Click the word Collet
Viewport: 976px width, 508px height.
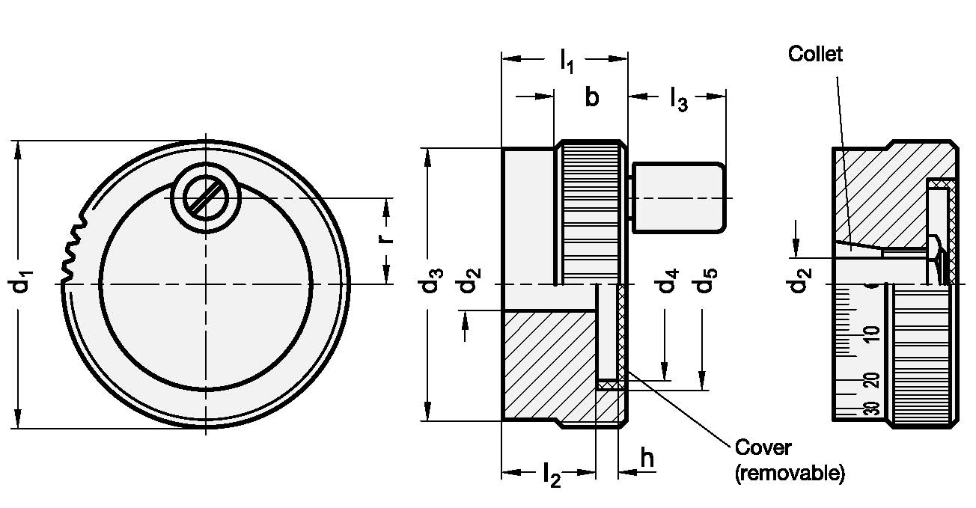pyautogui.click(x=815, y=54)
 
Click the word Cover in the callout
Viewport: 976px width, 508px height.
pyautogui.click(x=763, y=447)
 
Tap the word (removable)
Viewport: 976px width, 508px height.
pyautogui.click(x=790, y=473)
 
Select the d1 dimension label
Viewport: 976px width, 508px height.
pyautogui.click(x=20, y=281)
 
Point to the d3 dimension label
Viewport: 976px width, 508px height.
pyautogui.click(x=430, y=280)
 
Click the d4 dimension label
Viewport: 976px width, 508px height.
pyautogui.click(x=667, y=280)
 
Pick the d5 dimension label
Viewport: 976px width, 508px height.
pyautogui.click(x=704, y=280)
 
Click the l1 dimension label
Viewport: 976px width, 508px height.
pyautogui.click(x=567, y=61)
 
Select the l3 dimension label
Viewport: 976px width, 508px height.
pyautogui.click(x=679, y=100)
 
